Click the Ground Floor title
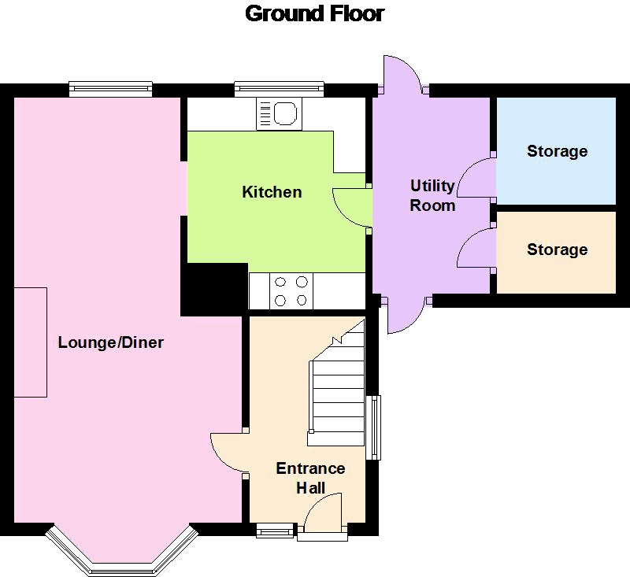(315, 13)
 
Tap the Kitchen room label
(272, 192)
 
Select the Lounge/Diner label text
(111, 342)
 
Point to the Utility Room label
(432, 195)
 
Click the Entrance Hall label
(310, 478)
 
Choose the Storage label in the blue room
(557, 151)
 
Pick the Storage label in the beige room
(557, 250)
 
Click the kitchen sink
(276, 115)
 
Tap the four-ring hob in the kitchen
(291, 290)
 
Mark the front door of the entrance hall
(322, 516)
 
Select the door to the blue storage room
(476, 177)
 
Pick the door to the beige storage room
(476, 248)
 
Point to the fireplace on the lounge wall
(31, 342)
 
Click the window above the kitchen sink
(280, 90)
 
